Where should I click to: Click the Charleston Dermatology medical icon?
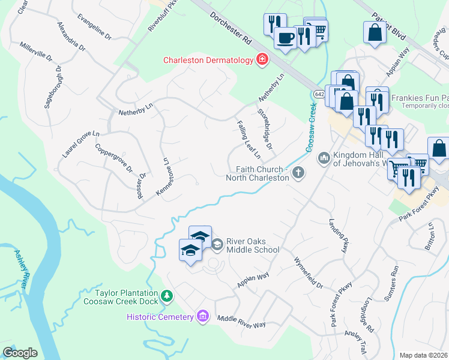pyautogui.click(x=262, y=60)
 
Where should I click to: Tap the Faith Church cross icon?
pyautogui.click(x=298, y=173)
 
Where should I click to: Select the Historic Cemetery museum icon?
pyautogui.click(x=203, y=316)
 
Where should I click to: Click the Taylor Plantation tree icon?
pyautogui.click(x=167, y=296)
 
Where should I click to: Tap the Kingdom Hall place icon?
pyautogui.click(x=324, y=158)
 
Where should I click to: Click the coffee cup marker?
pyautogui.click(x=285, y=37)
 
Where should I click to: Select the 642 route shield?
pyautogui.click(x=319, y=94)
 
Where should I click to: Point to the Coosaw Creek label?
pyautogui.click(x=311, y=127)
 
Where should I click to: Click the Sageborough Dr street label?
pyautogui.click(x=53, y=87)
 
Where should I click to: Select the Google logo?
pyautogui.click(x=20, y=353)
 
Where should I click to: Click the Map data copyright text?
pyautogui.click(x=423, y=355)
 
